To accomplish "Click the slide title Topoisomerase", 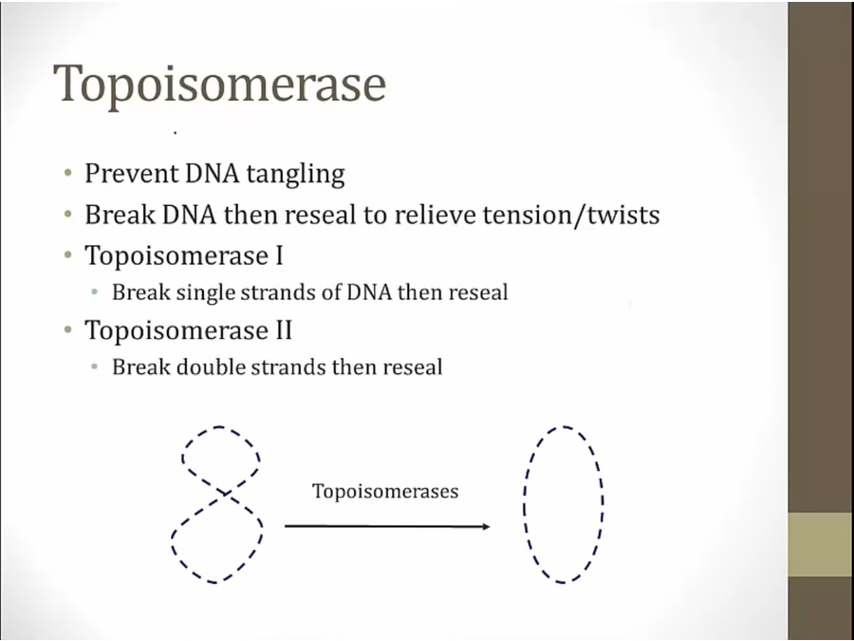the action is [220, 85].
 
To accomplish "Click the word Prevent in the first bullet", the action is [131, 174].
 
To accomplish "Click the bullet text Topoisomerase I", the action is [184, 255].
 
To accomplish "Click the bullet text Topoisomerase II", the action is [189, 330].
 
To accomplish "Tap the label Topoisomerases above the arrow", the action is [385, 491].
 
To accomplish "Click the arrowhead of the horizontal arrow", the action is [486, 526].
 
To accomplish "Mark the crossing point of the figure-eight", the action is [225, 493].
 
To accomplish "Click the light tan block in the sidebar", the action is [821, 544].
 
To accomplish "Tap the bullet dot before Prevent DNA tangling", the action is [68, 174].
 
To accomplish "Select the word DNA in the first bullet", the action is [212, 174].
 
